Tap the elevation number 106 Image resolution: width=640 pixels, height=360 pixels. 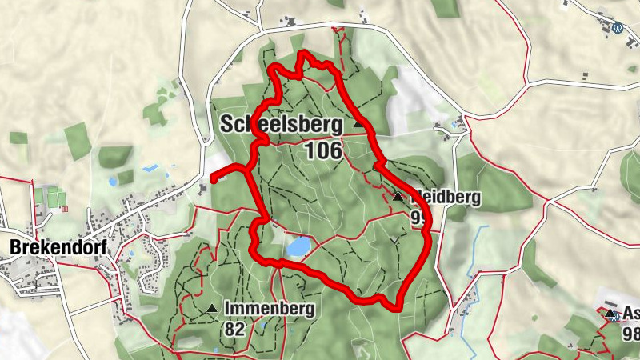coord(322,150)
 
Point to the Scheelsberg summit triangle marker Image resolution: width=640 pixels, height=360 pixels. coord(358,124)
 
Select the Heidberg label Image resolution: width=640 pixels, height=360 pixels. coord(446,198)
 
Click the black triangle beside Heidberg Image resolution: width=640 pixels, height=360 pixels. coord(398,197)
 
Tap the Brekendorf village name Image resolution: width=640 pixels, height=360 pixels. coord(47,248)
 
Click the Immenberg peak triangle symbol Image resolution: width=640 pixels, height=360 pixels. coord(212,308)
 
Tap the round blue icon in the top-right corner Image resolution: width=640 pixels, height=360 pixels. coord(618,27)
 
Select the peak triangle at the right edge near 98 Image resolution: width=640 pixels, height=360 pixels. coord(610,314)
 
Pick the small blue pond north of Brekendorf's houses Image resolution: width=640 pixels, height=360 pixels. coord(149,169)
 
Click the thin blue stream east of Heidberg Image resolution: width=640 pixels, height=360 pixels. coord(481,256)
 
